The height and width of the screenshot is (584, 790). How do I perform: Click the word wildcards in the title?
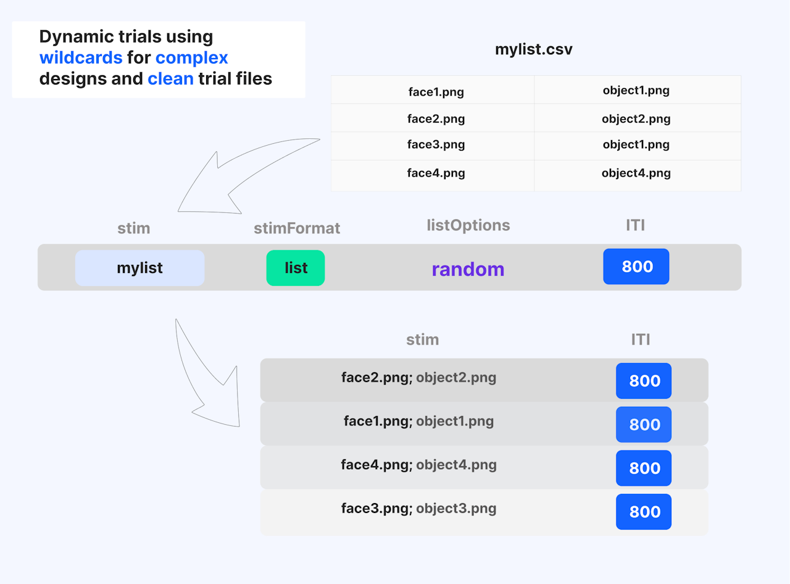click(x=81, y=57)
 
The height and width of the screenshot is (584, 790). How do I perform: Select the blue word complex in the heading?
click(x=191, y=58)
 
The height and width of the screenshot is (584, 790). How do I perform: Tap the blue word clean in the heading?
click(x=170, y=78)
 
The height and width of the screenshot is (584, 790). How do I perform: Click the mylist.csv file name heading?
click(x=533, y=49)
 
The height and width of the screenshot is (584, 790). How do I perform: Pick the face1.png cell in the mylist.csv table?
click(x=436, y=92)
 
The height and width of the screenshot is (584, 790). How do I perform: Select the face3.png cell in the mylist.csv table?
click(x=436, y=144)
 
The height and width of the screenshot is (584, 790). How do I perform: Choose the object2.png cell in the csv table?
click(x=636, y=119)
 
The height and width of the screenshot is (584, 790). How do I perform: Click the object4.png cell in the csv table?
click(x=636, y=173)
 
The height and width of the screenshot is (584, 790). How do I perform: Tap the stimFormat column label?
click(x=297, y=228)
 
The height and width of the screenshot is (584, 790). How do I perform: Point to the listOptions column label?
click(x=468, y=225)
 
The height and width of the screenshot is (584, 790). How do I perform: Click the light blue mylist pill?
click(x=139, y=267)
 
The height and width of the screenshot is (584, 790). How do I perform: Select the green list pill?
click(x=296, y=267)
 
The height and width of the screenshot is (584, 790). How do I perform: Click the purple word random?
click(x=468, y=269)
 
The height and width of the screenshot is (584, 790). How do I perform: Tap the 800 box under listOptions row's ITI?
click(x=636, y=266)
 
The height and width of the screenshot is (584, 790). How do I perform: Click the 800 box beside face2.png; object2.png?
click(x=644, y=380)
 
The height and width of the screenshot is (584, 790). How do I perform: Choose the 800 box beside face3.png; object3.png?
click(x=644, y=511)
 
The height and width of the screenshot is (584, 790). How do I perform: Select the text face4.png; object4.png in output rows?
click(x=419, y=465)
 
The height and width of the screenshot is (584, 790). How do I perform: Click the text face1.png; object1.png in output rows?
click(x=419, y=421)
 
